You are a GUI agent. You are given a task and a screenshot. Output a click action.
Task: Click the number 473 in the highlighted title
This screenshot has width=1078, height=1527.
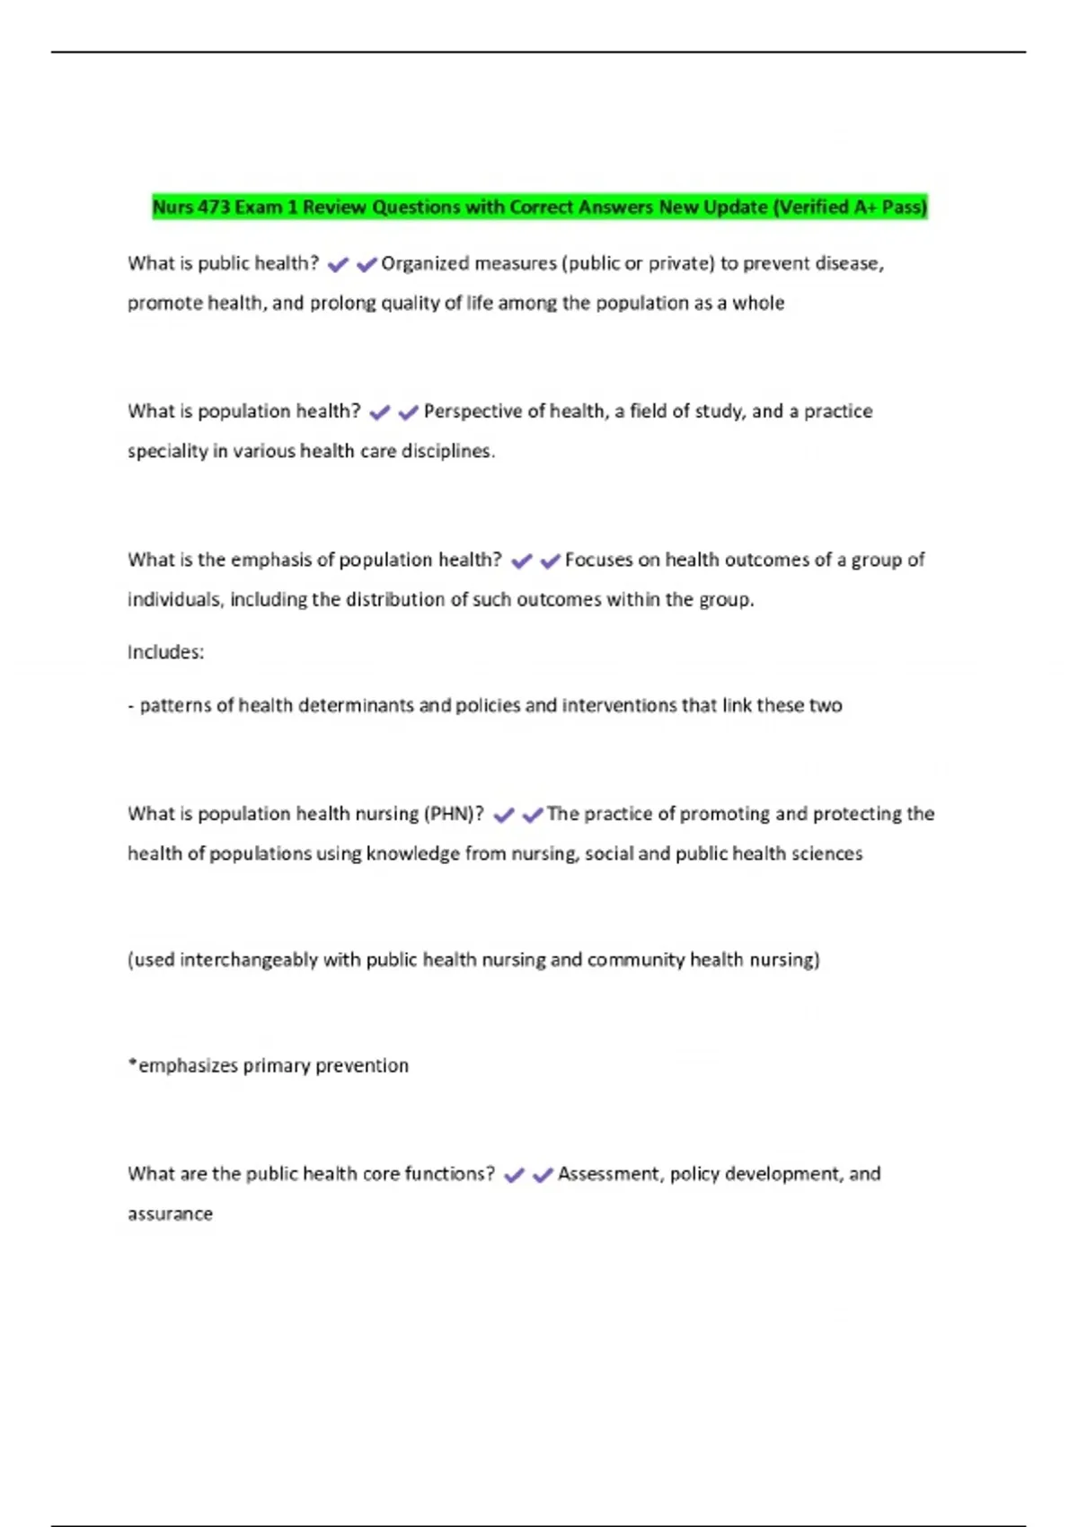pos(214,207)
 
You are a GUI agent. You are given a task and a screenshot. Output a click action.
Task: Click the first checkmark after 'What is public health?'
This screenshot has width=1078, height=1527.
pos(338,265)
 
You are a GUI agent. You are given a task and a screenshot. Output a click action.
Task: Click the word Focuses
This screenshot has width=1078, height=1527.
pos(598,560)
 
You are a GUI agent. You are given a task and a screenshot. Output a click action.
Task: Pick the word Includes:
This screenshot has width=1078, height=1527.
pos(165,652)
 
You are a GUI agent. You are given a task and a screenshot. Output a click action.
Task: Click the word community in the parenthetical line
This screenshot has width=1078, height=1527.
pos(636,959)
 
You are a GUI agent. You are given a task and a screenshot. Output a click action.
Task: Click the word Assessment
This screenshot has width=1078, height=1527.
pos(609,1174)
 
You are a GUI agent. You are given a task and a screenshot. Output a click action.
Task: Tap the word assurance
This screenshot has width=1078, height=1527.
pos(170,1214)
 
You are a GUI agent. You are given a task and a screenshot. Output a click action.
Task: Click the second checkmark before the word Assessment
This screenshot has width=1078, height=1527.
pos(543,1176)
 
